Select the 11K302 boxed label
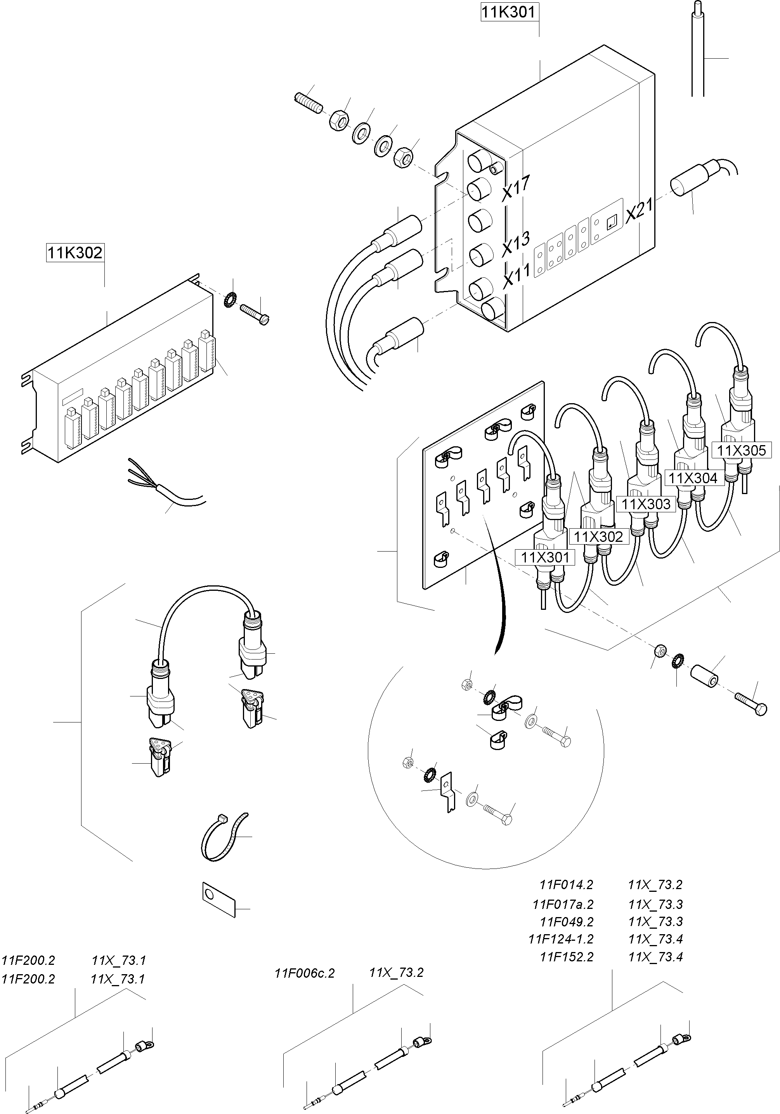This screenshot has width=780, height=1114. pos(75,253)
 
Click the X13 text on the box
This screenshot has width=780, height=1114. pos(516,244)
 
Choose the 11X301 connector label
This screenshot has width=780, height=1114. pos(545,557)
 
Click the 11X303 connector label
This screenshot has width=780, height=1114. pos(646,504)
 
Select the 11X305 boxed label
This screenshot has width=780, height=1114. pos(741,450)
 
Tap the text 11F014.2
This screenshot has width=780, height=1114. pos(566,884)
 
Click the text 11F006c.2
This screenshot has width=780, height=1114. pos(305,973)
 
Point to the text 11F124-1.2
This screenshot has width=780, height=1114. pos(561,939)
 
